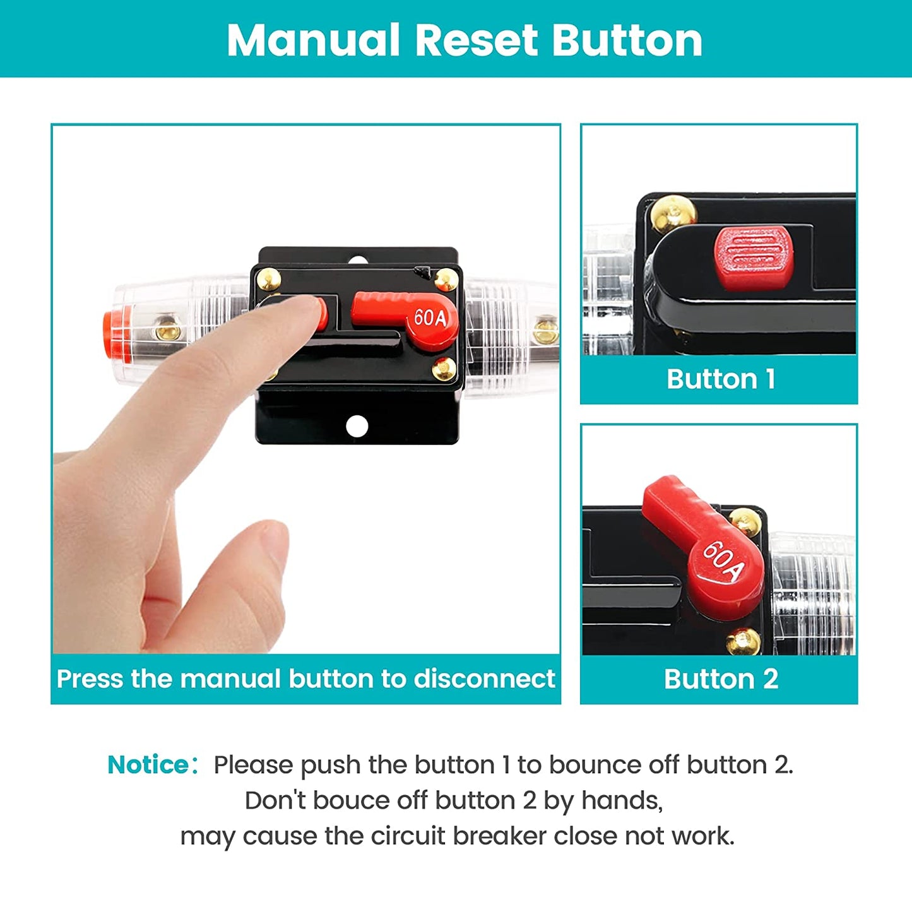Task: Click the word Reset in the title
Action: (476, 40)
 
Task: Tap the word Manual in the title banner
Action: (313, 40)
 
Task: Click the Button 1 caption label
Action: (721, 379)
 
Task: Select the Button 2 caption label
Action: (721, 679)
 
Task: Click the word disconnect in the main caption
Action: (484, 678)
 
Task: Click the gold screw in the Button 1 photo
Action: (673, 213)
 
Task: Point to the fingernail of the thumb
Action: (273, 547)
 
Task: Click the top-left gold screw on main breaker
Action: (269, 279)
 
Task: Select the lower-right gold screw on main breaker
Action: (444, 369)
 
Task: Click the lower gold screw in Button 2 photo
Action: (743, 641)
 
